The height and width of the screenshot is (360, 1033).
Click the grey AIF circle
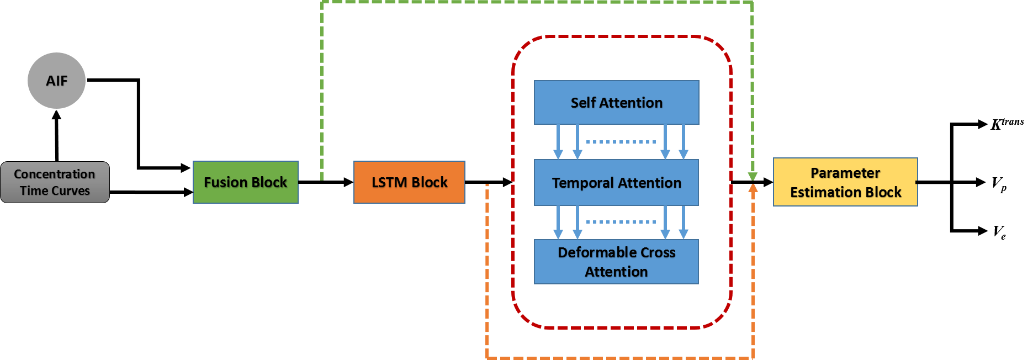[x=57, y=81]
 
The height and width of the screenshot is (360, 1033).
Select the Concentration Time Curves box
[x=55, y=182]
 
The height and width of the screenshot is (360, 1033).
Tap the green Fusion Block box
[x=246, y=182]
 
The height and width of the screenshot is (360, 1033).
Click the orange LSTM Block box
[x=409, y=182]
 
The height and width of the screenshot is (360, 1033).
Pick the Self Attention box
[x=616, y=103]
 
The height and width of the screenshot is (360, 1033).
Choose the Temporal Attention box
[x=616, y=183]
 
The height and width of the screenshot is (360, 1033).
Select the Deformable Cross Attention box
[x=616, y=262]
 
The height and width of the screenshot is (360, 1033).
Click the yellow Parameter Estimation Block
[x=845, y=182]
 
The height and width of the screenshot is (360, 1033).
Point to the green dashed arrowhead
[x=753, y=176]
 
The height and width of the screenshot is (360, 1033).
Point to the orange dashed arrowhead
[x=753, y=188]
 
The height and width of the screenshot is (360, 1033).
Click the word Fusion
[x=225, y=182]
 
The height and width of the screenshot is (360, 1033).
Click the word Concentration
[x=55, y=174]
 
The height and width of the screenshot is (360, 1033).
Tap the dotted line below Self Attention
[x=621, y=142]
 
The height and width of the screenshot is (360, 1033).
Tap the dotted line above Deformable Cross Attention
[x=621, y=222]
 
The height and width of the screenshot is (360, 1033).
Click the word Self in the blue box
[x=583, y=103]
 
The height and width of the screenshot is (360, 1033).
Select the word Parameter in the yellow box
[x=845, y=173]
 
